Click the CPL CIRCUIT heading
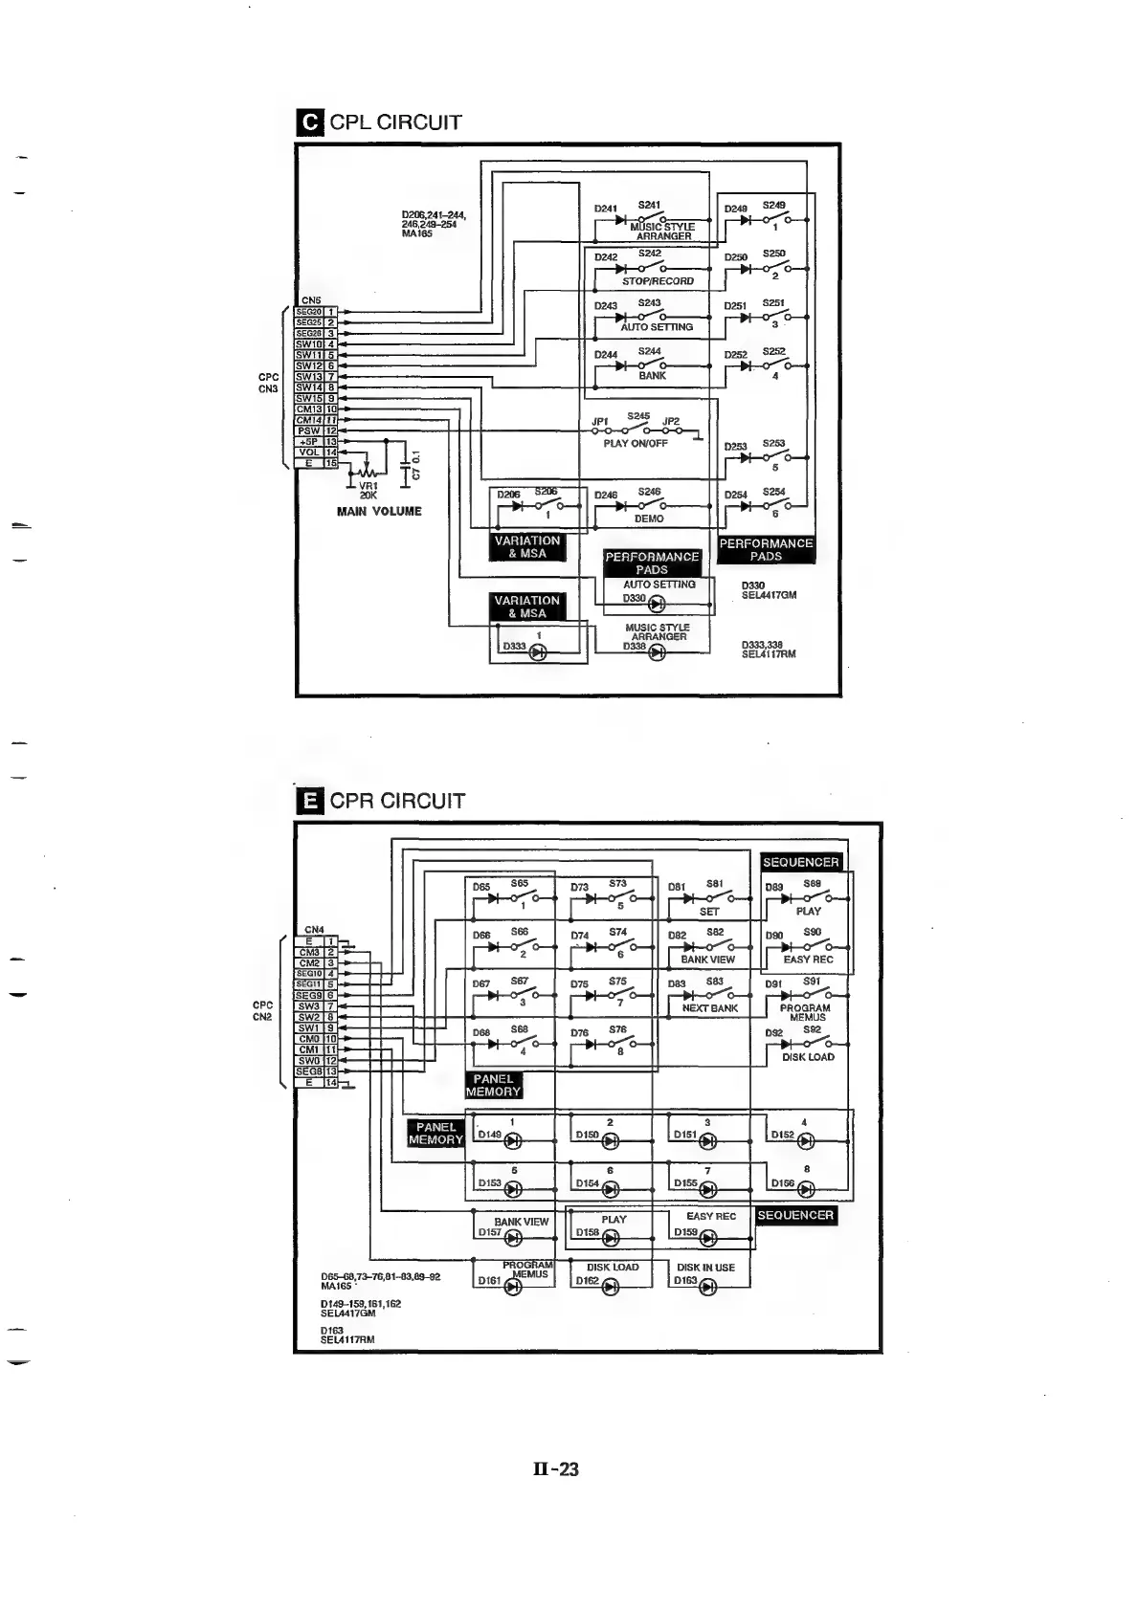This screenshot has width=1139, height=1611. click(x=394, y=122)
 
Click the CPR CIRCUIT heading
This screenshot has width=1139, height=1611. click(x=396, y=801)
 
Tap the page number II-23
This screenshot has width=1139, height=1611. click(x=555, y=1468)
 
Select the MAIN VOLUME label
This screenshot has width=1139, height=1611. click(x=379, y=511)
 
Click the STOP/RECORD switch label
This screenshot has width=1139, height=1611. click(x=658, y=281)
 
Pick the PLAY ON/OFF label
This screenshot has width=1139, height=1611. click(x=636, y=444)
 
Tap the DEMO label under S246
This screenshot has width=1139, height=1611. click(x=649, y=519)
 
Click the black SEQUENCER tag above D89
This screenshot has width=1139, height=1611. click(x=800, y=862)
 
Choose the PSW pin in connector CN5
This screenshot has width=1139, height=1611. click(x=308, y=430)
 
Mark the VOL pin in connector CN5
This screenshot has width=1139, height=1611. click(x=308, y=452)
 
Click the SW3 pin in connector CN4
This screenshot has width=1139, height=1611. click(x=308, y=1006)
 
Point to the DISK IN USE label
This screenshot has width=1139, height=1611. click(x=705, y=1268)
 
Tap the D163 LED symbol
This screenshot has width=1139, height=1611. click(x=708, y=1287)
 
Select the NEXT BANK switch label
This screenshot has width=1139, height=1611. click(x=710, y=1008)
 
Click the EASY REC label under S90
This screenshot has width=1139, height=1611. click(x=809, y=960)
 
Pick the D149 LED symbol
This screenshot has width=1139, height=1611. click(x=513, y=1140)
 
